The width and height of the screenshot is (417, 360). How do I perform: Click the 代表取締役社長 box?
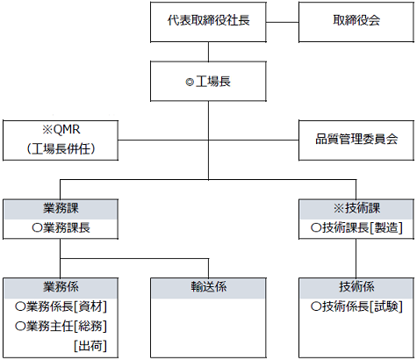[x=208, y=22]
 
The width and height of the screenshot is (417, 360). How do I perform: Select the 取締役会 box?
[x=356, y=22]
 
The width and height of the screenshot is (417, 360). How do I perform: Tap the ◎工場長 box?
[x=208, y=82]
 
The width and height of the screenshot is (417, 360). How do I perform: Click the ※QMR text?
[x=61, y=130]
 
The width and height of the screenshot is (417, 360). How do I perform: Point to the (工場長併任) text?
[x=61, y=149]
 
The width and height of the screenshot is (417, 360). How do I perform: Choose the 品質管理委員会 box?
[x=356, y=140]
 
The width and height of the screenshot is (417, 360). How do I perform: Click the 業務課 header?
[x=61, y=209]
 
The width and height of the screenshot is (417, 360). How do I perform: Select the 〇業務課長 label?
[x=61, y=228]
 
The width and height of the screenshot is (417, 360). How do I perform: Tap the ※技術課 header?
[x=357, y=209]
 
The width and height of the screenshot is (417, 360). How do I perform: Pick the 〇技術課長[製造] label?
[x=356, y=228]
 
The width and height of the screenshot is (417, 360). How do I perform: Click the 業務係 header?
[x=61, y=288]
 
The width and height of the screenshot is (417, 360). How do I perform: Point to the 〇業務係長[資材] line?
[x=61, y=306]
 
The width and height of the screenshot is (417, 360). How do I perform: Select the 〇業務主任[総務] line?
[x=61, y=327]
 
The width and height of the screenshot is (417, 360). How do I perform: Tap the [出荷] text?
[x=90, y=346]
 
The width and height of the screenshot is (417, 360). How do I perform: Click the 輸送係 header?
[x=208, y=288]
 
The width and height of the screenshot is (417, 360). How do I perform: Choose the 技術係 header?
[x=357, y=288]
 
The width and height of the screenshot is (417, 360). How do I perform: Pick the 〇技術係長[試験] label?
[x=356, y=306]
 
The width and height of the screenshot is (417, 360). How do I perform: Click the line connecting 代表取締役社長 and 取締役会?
[x=283, y=22]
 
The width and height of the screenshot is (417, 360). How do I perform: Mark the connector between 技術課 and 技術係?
[x=356, y=258]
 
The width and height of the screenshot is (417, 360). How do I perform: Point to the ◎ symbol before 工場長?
[x=190, y=83]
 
